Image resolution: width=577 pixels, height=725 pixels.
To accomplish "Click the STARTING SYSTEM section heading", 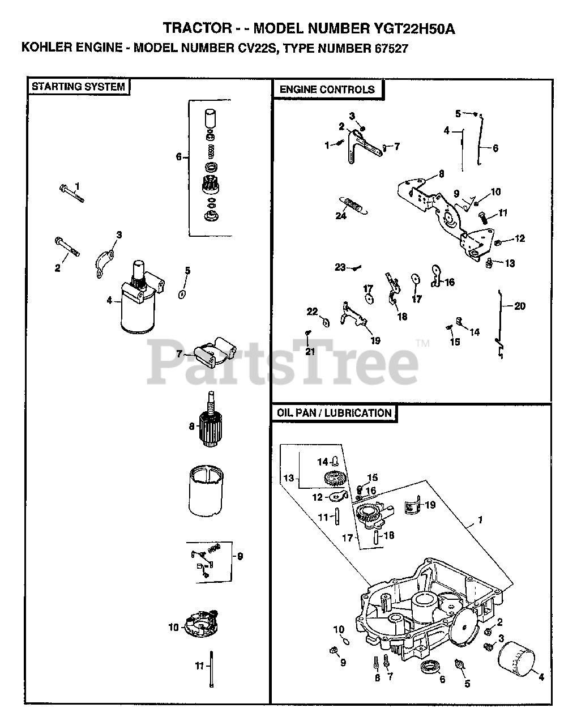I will (x=78, y=87).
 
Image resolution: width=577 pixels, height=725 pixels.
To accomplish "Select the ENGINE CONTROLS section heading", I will (x=327, y=89).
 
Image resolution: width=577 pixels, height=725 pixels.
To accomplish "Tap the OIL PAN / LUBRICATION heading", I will (x=334, y=413).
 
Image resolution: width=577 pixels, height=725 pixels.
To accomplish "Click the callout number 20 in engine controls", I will (x=519, y=306).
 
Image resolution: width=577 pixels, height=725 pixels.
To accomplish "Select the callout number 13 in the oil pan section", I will (x=289, y=478).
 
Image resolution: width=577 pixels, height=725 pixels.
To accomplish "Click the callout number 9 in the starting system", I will (x=240, y=557).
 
